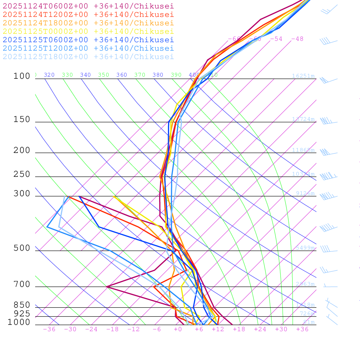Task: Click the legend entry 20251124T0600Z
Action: [88, 6]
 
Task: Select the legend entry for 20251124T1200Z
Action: [88, 14]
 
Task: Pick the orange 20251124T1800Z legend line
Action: [88, 23]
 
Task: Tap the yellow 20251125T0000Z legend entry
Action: [88, 31]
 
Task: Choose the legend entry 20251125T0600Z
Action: [88, 40]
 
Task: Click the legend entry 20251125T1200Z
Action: [88, 48]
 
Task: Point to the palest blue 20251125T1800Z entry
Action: [88, 57]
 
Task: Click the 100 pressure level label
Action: [22, 76]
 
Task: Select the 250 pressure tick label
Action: [22, 174]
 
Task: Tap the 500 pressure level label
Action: [22, 248]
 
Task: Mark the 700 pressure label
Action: [22, 284]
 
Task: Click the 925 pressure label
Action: [22, 313]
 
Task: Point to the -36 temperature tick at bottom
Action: [49, 329]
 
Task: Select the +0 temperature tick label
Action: [178, 329]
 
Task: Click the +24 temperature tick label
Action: [260, 329]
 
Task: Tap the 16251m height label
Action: [303, 76]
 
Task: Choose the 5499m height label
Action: [305, 248]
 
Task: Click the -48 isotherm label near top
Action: [297, 39]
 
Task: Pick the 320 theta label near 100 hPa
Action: [49, 75]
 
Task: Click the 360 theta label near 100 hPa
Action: [122, 75]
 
